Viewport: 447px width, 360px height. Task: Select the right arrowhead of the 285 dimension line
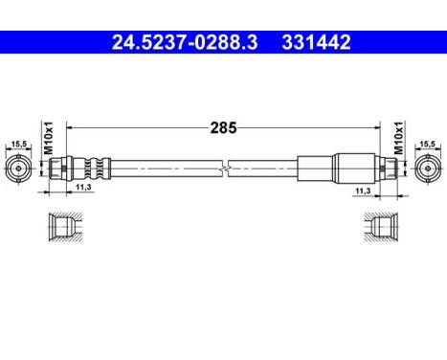pyautogui.click(x=377, y=126)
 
